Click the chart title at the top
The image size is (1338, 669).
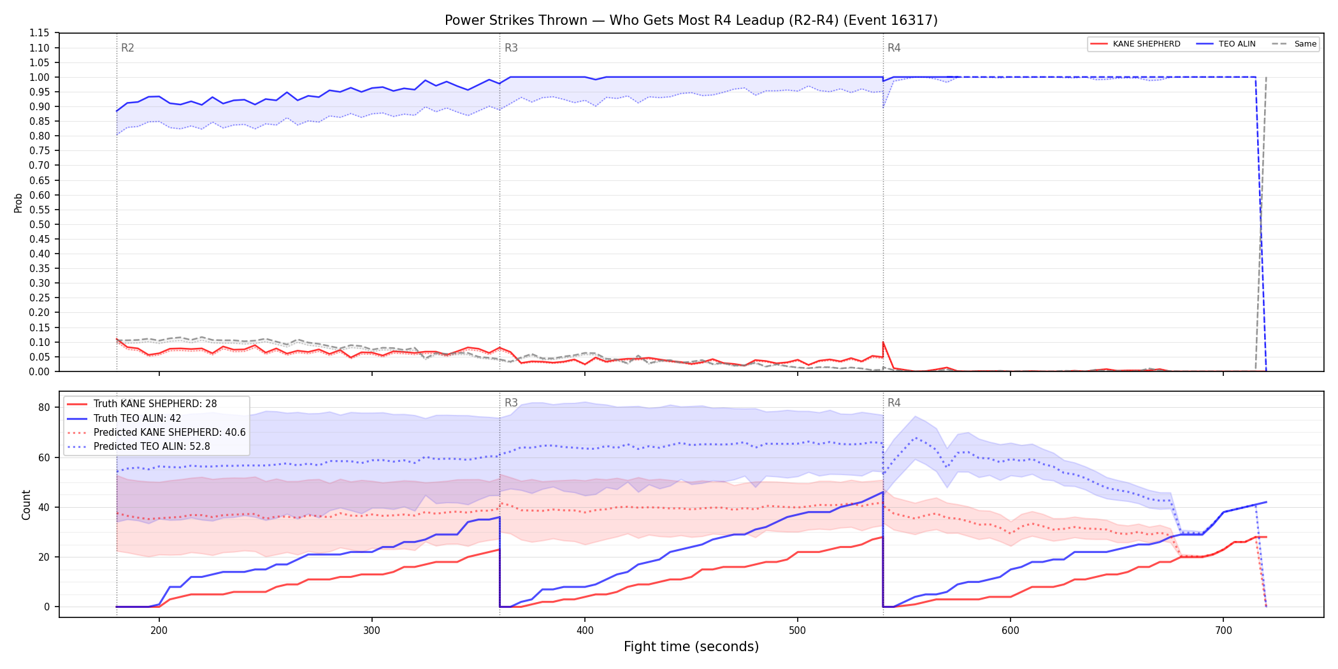pyautogui.click(x=691, y=20)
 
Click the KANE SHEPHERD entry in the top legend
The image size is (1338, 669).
pyautogui.click(x=1135, y=44)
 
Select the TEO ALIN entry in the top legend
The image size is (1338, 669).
pyautogui.click(x=1226, y=44)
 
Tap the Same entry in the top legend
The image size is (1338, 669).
pyautogui.click(x=1294, y=44)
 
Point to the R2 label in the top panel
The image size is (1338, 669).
pyautogui.click(x=127, y=48)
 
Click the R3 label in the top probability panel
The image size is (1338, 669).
pyautogui.click(x=511, y=48)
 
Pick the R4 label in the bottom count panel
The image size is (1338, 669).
pyautogui.click(x=894, y=403)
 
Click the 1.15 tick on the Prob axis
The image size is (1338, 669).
pyautogui.click(x=40, y=33)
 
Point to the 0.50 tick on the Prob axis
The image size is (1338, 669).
pyautogui.click(x=40, y=224)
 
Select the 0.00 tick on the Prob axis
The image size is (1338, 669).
pyautogui.click(x=40, y=371)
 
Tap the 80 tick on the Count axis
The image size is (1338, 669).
pyautogui.click(x=44, y=408)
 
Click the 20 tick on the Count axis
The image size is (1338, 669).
pyautogui.click(x=44, y=557)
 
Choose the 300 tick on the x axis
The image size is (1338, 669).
pyautogui.click(x=372, y=631)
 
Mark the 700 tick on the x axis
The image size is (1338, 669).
pyautogui.click(x=1223, y=631)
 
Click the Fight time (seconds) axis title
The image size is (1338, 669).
pyautogui.click(x=691, y=647)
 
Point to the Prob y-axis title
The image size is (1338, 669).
pyautogui.click(x=18, y=203)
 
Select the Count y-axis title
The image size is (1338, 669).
pyautogui.click(x=26, y=505)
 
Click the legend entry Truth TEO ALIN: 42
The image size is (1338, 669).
pyautogui.click(x=138, y=419)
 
